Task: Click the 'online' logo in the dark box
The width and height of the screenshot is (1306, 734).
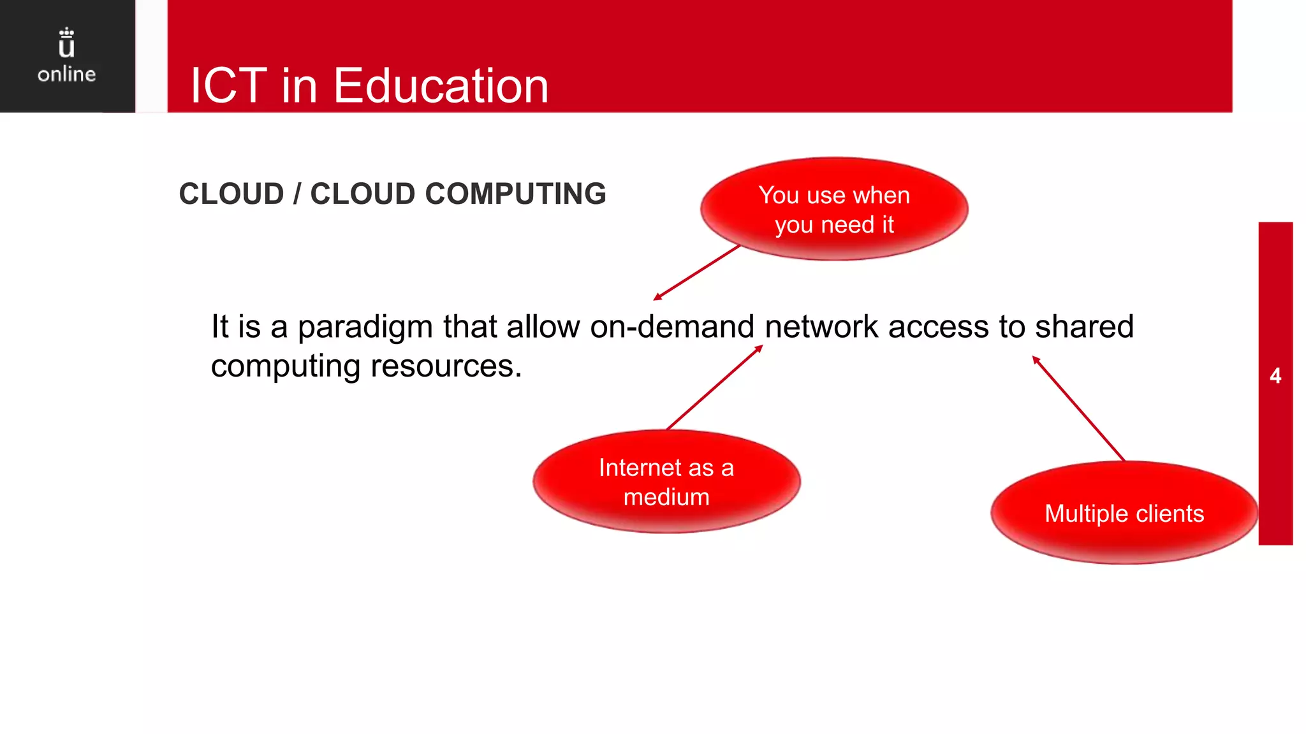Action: [66, 74]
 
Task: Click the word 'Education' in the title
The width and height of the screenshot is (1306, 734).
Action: [441, 86]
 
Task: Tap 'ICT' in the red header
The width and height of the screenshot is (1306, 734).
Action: [228, 86]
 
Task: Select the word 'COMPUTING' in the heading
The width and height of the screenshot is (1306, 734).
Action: [515, 194]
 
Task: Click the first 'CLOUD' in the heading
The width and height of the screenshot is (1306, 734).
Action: [231, 194]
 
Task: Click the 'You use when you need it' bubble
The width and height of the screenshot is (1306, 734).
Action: [834, 209]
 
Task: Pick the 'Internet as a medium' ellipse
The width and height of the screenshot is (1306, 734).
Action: [666, 482]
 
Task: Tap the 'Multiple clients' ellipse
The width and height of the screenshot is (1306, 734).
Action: [1124, 514]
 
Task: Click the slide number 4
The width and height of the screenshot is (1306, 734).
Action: [1275, 376]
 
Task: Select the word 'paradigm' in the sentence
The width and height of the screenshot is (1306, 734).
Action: [365, 327]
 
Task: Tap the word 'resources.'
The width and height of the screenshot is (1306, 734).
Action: [446, 366]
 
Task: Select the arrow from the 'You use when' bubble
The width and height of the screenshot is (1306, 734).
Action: [696, 273]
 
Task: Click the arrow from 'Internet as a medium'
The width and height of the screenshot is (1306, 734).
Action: [714, 387]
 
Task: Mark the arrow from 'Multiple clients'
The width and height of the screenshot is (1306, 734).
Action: [1078, 408]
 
